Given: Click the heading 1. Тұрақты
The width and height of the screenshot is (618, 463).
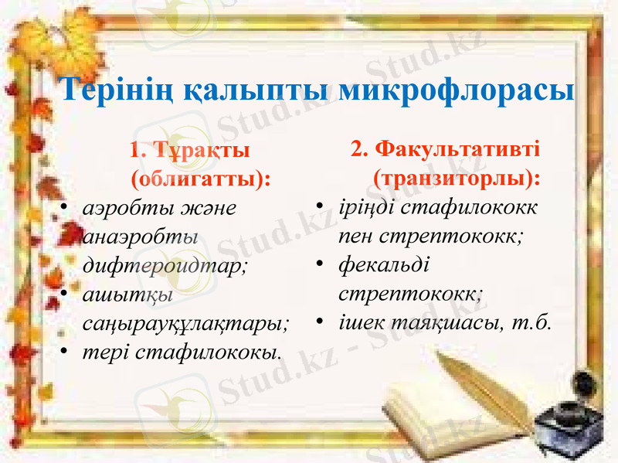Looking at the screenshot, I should click(x=190, y=148).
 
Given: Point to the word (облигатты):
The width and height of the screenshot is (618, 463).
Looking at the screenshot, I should click(x=201, y=179).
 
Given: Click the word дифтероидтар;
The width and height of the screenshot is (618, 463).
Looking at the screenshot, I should click(x=165, y=265).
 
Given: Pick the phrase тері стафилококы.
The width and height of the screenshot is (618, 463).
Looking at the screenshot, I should click(x=182, y=352).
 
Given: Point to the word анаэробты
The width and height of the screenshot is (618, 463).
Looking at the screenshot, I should click(x=139, y=237).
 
